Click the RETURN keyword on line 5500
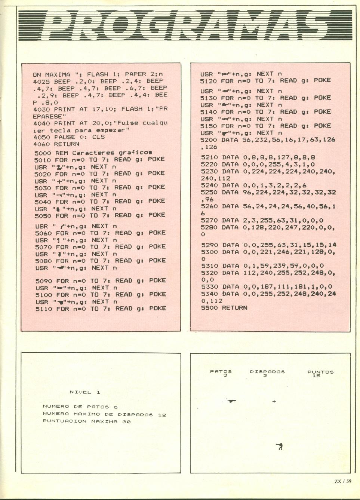pyautogui.click(x=234, y=308)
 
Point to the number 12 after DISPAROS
pyautogui.click(x=161, y=415)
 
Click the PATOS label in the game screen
pyautogui.click(x=221, y=372)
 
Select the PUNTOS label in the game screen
pyautogui.click(x=320, y=372)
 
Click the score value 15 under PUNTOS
pyautogui.click(x=316, y=376)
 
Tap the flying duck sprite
pyautogui.click(x=232, y=401)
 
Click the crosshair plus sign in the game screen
pyautogui.click(x=274, y=401)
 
